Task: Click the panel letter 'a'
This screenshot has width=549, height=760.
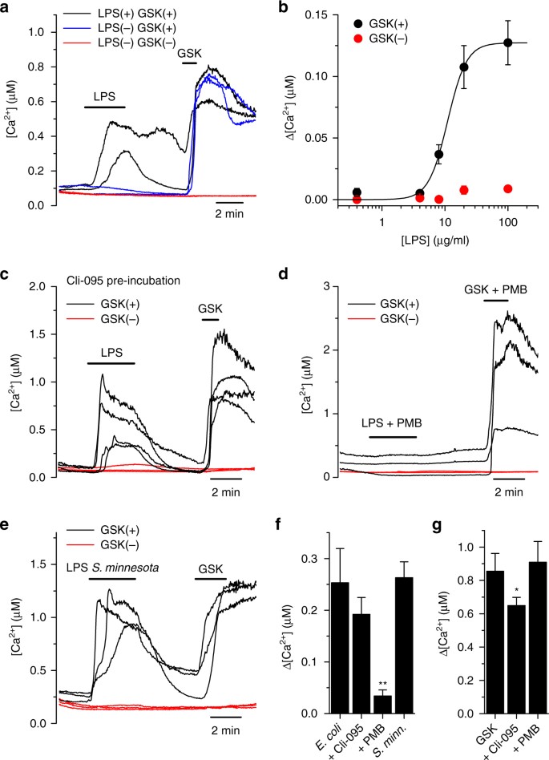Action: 6,7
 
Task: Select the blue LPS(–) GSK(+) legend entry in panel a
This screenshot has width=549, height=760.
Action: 135,29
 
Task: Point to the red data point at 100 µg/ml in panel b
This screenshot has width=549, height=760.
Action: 507,188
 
